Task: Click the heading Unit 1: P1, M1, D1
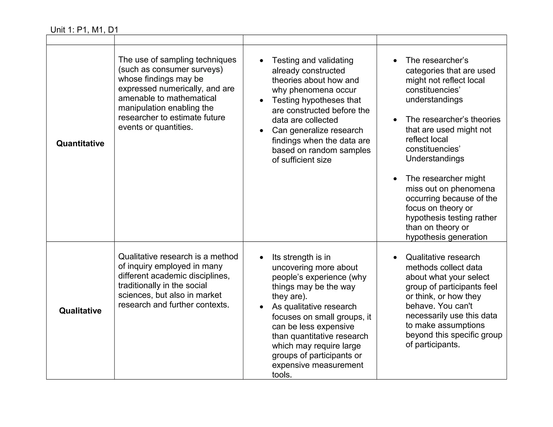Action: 84,30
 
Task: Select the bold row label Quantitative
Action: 80,143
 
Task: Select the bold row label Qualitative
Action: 80,311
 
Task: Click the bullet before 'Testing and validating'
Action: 261,61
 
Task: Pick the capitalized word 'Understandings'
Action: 435,159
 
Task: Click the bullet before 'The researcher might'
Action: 395,179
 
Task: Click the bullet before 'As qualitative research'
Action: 261,307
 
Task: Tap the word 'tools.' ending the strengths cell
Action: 282,375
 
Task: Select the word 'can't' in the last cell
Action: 463,306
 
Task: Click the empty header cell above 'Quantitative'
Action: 80,40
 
